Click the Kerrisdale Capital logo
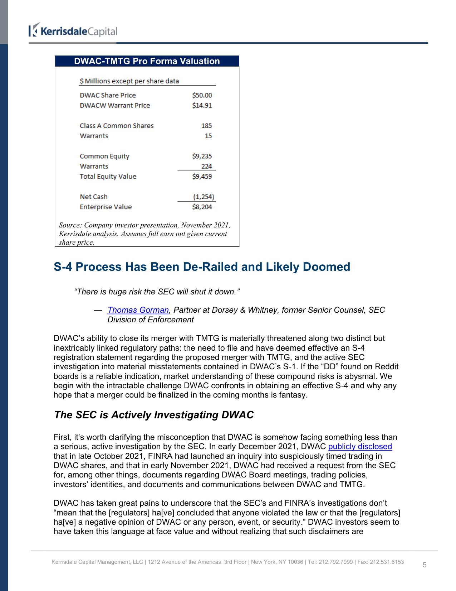[73, 31]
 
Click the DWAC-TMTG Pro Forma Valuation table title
[147, 61]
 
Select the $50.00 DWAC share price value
[202, 95]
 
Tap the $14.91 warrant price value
[202, 105]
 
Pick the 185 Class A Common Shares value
[206, 126]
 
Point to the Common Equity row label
[104, 156]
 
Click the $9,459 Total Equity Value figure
[202, 176]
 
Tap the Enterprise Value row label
[106, 207]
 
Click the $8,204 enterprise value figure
[202, 207]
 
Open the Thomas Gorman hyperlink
[138, 310]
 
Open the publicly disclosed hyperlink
[360, 447]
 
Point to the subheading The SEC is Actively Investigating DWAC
[154, 415]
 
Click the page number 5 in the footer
[425, 565]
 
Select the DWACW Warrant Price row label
[115, 105]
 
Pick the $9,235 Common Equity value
[202, 156]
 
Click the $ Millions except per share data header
[129, 81]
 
